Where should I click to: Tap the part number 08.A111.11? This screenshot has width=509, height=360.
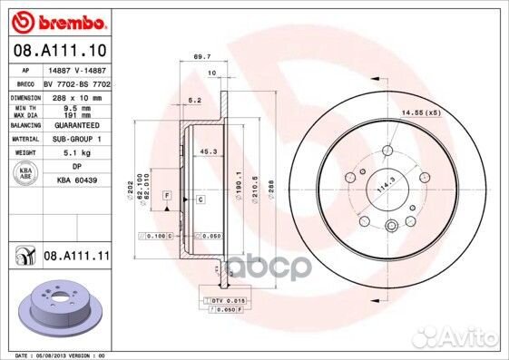(76, 258)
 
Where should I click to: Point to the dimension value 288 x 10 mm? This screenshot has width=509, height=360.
(71, 95)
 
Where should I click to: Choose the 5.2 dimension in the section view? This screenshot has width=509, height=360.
(194, 101)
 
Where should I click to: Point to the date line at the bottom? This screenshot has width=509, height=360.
(55, 355)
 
